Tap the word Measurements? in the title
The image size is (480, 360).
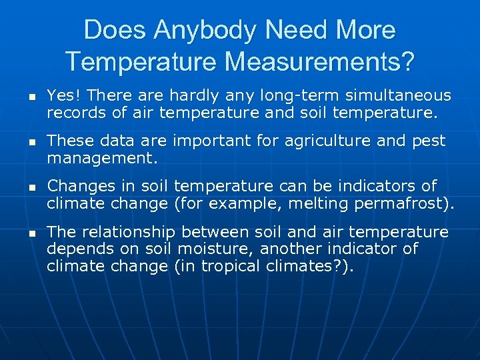point(319,61)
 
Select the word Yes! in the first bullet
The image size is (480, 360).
point(64,96)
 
